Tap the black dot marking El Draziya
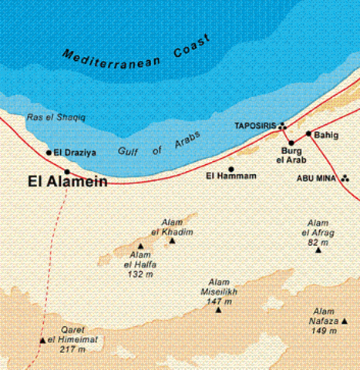click(49, 153)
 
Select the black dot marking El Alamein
click(67, 172)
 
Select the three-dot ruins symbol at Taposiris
click(283, 126)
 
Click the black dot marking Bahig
click(308, 133)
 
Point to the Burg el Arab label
click(291, 156)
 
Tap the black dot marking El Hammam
click(230, 168)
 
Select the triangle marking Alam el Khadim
click(172, 240)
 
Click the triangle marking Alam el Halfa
click(140, 246)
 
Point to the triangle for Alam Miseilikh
click(219, 309)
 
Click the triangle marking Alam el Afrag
click(318, 250)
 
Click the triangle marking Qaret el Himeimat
click(42, 340)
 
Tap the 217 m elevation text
click(74, 349)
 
